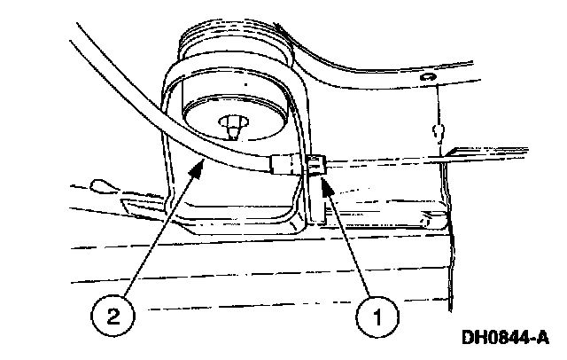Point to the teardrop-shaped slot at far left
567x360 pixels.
[x=99, y=185]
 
